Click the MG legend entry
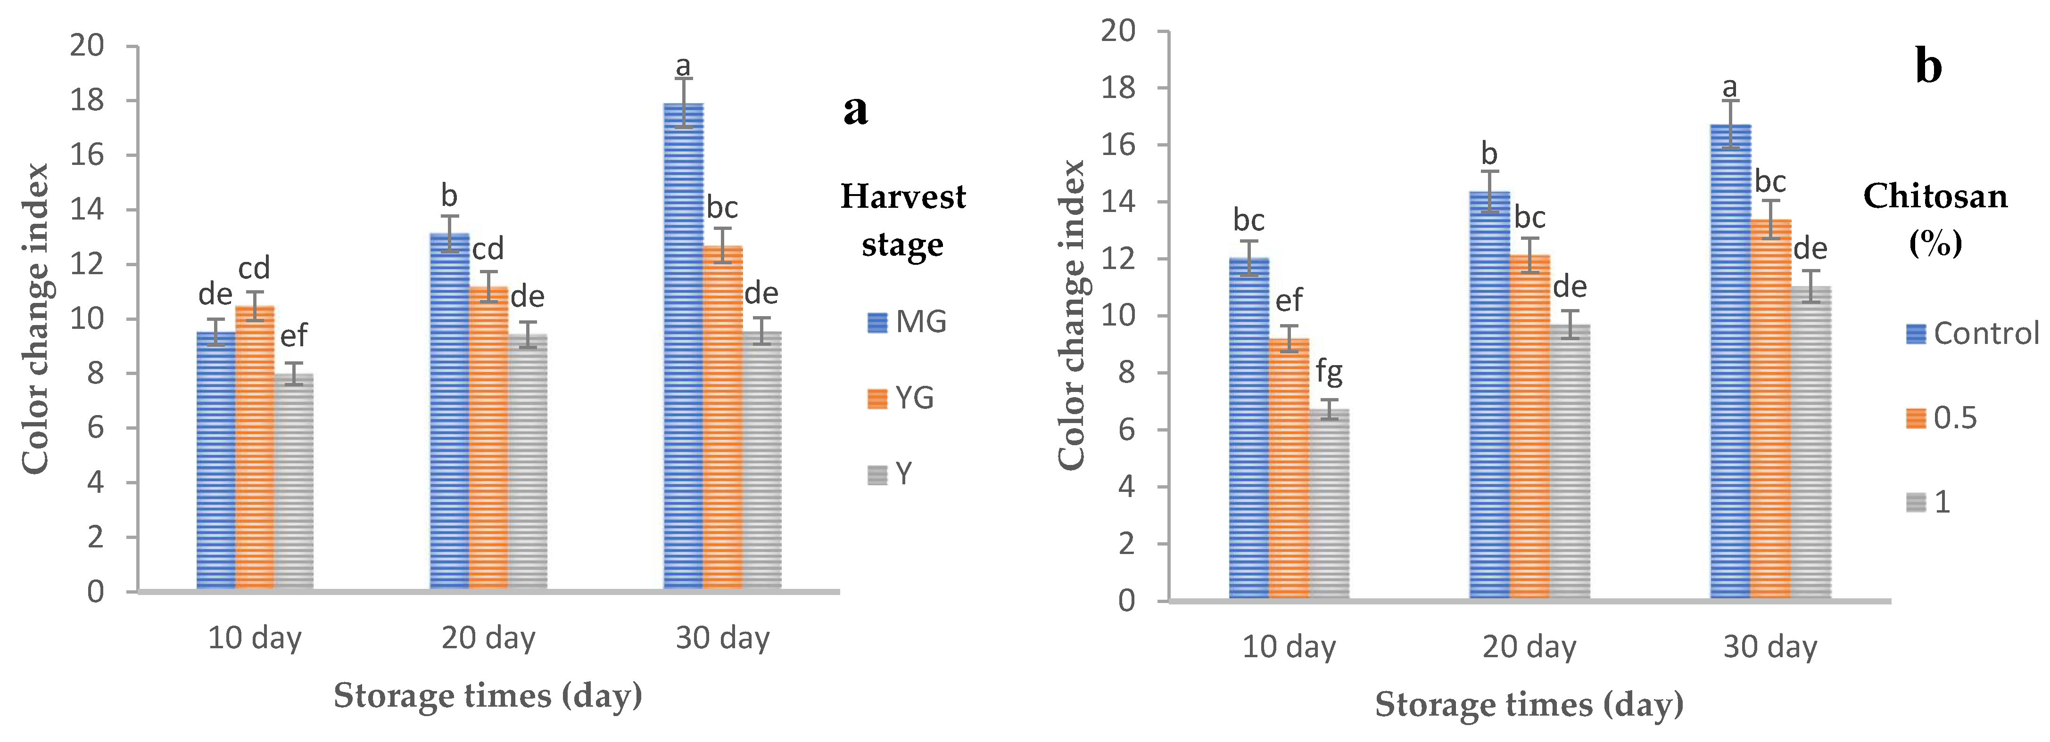click(907, 322)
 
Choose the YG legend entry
click(901, 398)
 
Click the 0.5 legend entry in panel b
click(1942, 417)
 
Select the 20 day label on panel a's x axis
click(488, 638)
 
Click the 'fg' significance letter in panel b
click(1329, 371)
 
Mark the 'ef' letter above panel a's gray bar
click(294, 336)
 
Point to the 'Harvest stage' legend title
click(903, 220)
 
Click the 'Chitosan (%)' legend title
click(1935, 219)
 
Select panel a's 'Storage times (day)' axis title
click(488, 696)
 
